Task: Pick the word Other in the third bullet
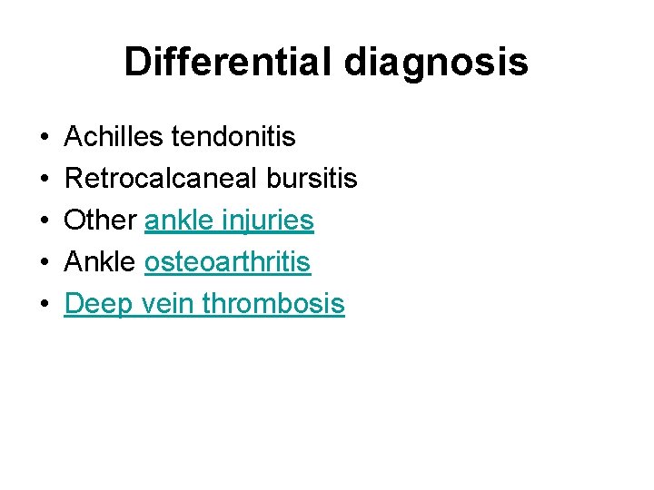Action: (x=101, y=220)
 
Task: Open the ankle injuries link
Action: (x=229, y=220)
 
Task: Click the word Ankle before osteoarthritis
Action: (x=101, y=262)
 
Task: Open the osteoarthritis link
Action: (x=227, y=262)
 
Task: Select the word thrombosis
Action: (x=273, y=304)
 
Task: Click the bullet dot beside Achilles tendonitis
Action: (x=45, y=138)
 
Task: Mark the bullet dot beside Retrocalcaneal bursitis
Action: (x=45, y=180)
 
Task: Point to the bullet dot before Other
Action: (x=45, y=221)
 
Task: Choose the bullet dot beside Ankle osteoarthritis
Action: (x=45, y=263)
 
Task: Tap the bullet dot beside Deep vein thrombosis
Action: (x=45, y=305)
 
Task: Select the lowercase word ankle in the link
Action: (x=176, y=220)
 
